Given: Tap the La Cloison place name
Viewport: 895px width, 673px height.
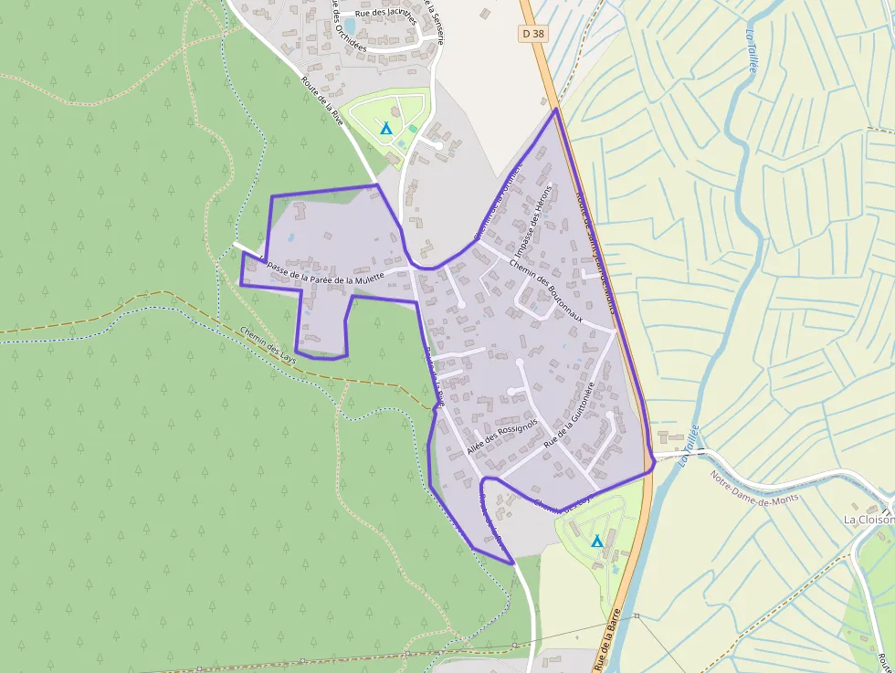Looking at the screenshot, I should pos(868,520).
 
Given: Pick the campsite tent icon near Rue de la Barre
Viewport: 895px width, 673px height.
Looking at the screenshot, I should pos(596,542).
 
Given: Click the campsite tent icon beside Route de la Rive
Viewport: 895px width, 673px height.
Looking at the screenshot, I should pos(386,129).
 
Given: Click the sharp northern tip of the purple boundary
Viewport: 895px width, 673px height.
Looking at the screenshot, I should pos(555,110).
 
